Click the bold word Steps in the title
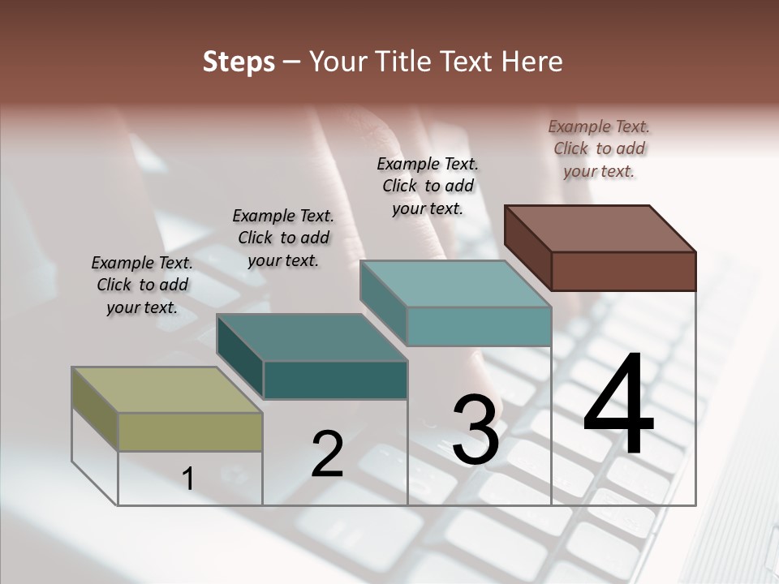click(x=239, y=62)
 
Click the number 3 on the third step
click(x=476, y=430)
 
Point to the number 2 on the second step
click(x=328, y=454)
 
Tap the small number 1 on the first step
click(x=188, y=479)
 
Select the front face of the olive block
click(x=190, y=432)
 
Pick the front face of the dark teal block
click(x=335, y=380)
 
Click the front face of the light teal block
click(x=479, y=326)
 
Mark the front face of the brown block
click(x=623, y=271)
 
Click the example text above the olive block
click(x=142, y=285)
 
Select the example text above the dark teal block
click(x=283, y=238)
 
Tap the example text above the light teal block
click(x=428, y=186)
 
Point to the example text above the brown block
click(x=599, y=148)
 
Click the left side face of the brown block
click(x=527, y=247)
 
